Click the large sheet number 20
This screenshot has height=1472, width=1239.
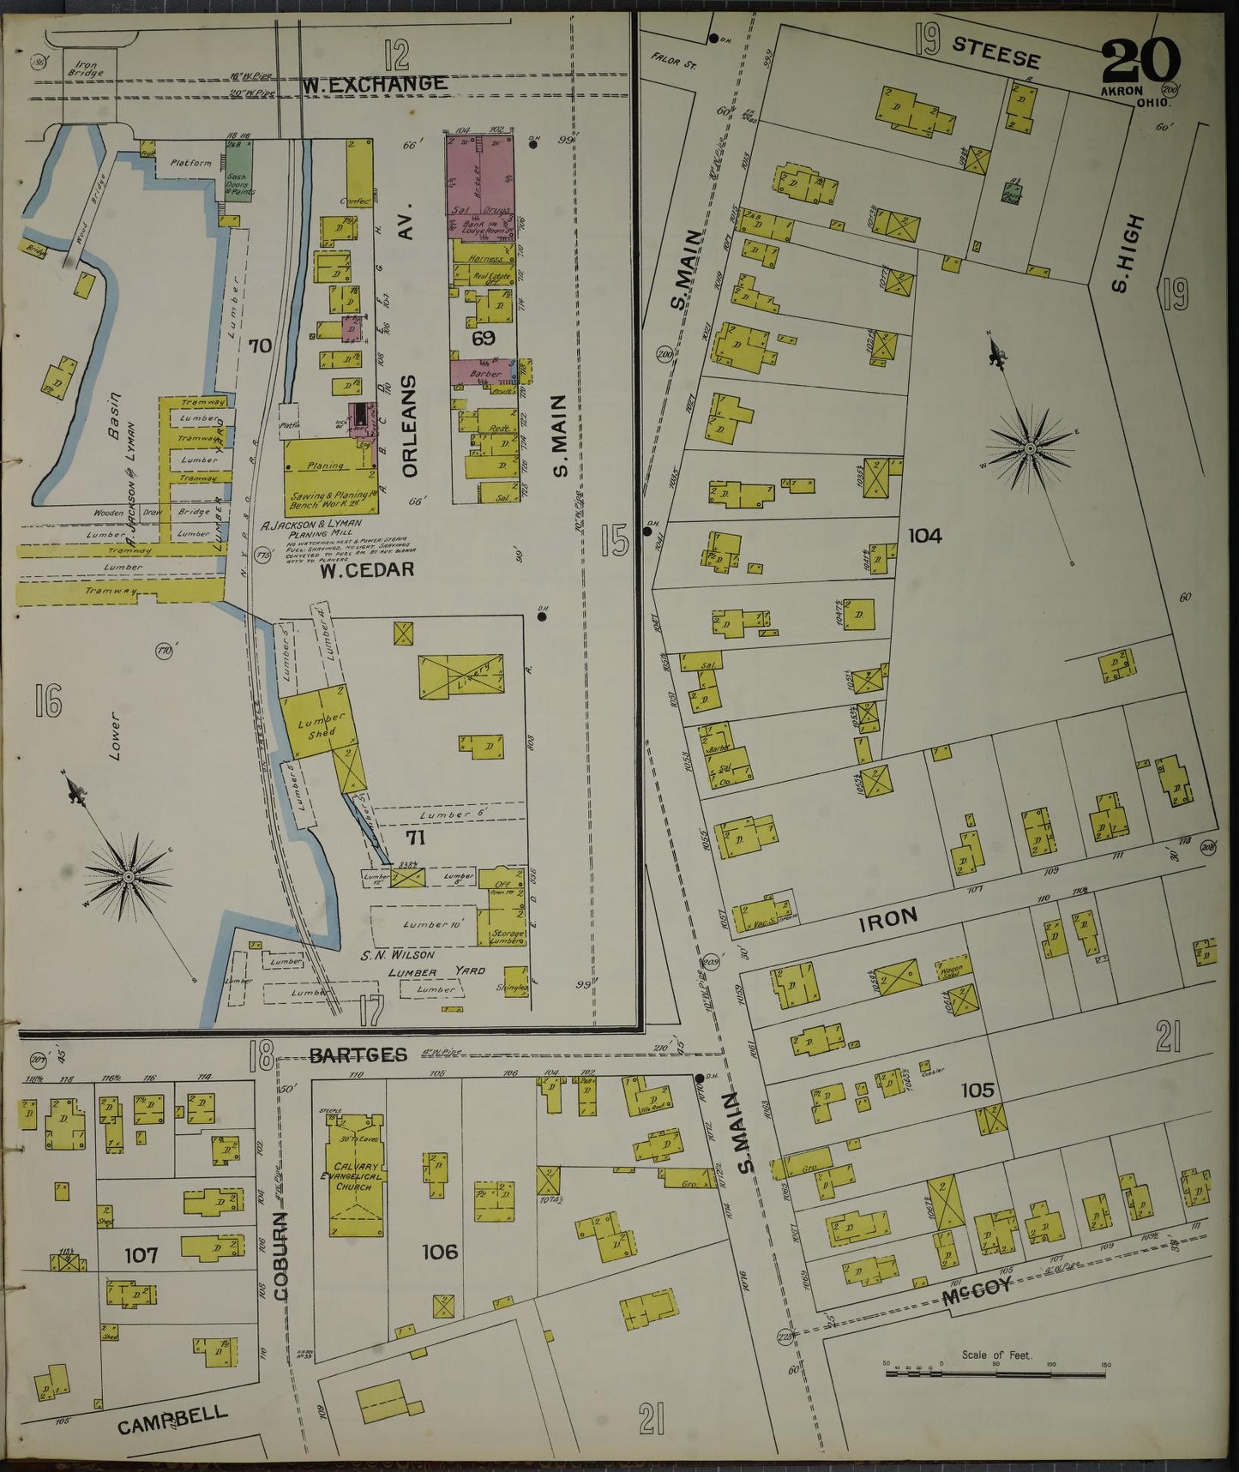click(x=1140, y=63)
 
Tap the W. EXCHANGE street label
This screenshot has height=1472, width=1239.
click(x=374, y=84)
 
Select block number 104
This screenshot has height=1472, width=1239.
click(x=925, y=536)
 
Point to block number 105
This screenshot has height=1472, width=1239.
click(x=977, y=1090)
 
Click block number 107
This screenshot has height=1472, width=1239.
click(x=141, y=1255)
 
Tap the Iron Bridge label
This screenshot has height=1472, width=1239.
click(x=88, y=68)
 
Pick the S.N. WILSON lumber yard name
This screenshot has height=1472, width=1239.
click(x=400, y=954)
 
